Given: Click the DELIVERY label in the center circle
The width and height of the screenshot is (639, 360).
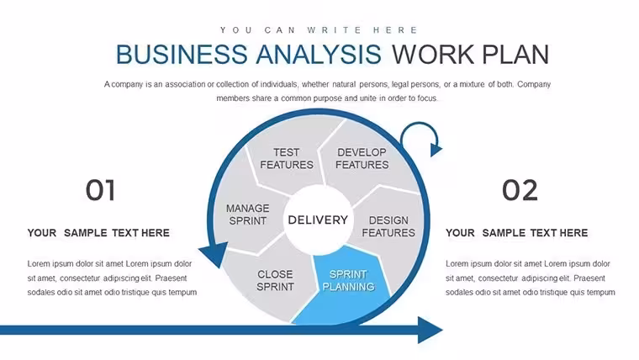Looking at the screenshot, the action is click(x=318, y=220).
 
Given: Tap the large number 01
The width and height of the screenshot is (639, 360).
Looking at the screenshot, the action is click(x=101, y=190).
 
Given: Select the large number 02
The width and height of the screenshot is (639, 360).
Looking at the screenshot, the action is click(x=520, y=190).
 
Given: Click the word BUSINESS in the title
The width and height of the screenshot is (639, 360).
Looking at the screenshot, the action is click(x=182, y=54).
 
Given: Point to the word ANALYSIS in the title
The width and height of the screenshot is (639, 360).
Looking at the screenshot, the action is click(x=319, y=54).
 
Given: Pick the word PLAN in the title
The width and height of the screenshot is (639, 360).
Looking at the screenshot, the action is click(x=515, y=54).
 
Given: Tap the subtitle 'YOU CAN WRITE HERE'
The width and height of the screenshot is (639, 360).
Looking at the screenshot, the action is click(x=319, y=30).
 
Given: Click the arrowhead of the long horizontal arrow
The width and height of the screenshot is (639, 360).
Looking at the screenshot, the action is click(x=430, y=330).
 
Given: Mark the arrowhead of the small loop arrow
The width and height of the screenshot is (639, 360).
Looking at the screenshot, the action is click(x=436, y=149).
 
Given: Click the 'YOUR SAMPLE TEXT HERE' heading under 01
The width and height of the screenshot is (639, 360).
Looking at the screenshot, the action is click(x=98, y=233).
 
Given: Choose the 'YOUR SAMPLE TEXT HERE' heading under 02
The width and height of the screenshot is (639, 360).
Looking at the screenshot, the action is click(x=517, y=233).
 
